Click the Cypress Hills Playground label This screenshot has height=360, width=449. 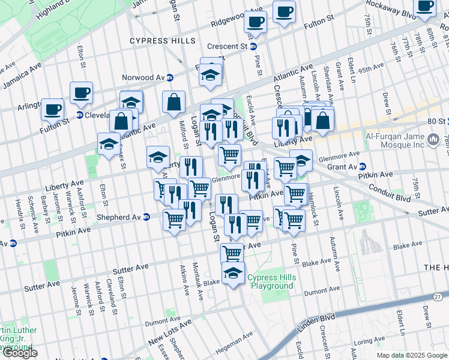(x=270, y=282)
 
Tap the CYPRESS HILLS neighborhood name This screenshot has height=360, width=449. (x=163, y=41)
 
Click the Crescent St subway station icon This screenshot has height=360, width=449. (x=253, y=46)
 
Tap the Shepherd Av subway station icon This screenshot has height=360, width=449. (x=146, y=217)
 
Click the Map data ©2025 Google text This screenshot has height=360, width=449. (x=412, y=355)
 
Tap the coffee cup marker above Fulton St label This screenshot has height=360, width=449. (x=284, y=11)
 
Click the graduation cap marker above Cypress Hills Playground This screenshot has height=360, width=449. (x=234, y=273)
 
